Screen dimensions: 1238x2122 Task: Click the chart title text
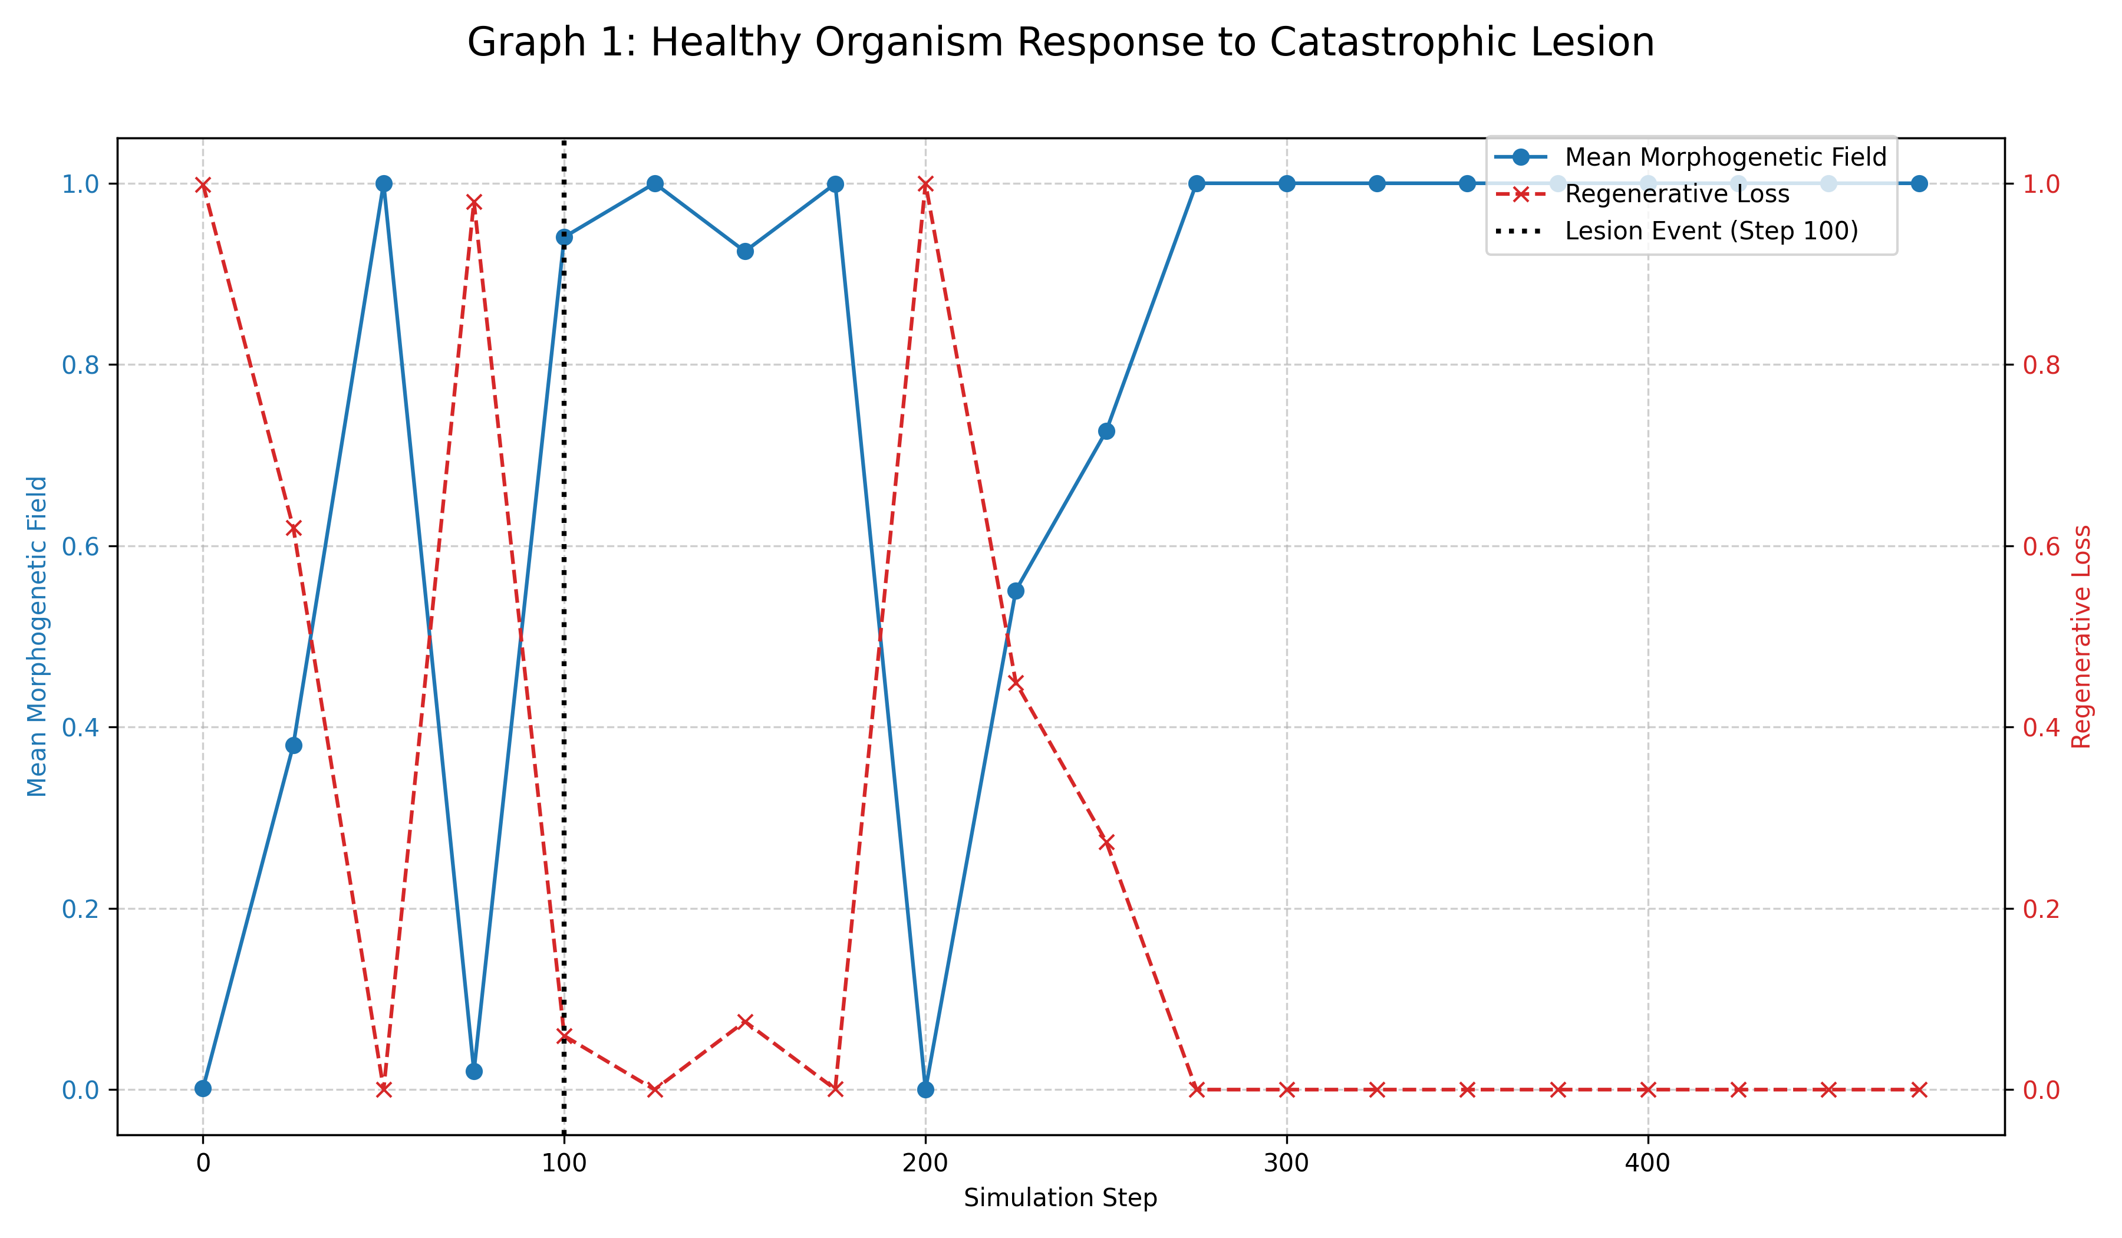click(x=1060, y=42)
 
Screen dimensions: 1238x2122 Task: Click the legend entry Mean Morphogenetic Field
click(x=1725, y=157)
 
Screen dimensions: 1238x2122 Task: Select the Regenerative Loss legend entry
click(x=1676, y=195)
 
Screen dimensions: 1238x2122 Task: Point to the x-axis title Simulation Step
click(x=1060, y=1197)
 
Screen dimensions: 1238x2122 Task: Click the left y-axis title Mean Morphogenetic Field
click(x=37, y=636)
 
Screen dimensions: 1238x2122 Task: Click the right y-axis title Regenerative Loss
click(x=2081, y=636)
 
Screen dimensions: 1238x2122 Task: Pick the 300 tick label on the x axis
click(x=1286, y=1163)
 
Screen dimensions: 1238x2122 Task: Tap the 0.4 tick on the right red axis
click(x=2041, y=727)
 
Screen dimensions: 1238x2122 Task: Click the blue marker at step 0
click(x=203, y=1088)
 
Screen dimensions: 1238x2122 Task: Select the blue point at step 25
click(x=293, y=745)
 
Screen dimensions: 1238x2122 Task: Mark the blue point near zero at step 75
click(x=474, y=1071)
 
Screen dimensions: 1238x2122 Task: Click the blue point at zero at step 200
click(x=925, y=1089)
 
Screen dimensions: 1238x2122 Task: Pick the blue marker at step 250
click(x=1106, y=431)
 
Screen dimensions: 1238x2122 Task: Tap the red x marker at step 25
click(x=293, y=529)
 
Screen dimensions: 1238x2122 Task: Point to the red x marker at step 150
click(x=745, y=1022)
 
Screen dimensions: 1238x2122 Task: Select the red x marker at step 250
click(x=1106, y=843)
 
